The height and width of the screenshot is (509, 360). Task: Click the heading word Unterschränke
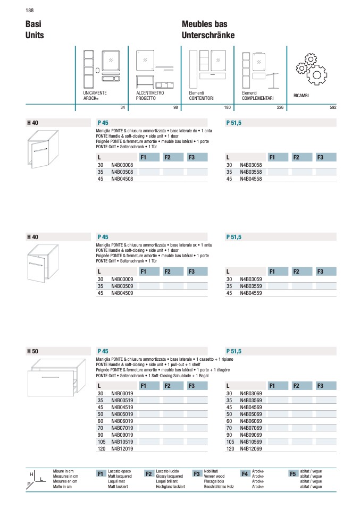[x=208, y=35]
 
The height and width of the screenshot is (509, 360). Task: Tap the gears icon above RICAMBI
[x=310, y=68]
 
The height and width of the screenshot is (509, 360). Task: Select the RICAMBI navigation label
[x=301, y=96]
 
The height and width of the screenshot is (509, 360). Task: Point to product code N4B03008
[x=122, y=165]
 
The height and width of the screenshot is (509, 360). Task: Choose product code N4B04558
[x=251, y=179]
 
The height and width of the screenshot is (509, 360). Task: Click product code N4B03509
[x=122, y=286]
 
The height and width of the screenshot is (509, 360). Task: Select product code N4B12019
[x=122, y=449]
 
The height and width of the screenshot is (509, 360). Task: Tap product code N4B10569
[x=251, y=442]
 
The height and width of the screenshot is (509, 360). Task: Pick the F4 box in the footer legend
[x=245, y=473]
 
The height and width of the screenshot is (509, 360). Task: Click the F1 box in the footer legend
[x=101, y=473]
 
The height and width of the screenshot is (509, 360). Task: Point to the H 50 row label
[x=32, y=351]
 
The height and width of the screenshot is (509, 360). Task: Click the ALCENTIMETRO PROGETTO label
[x=150, y=96]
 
